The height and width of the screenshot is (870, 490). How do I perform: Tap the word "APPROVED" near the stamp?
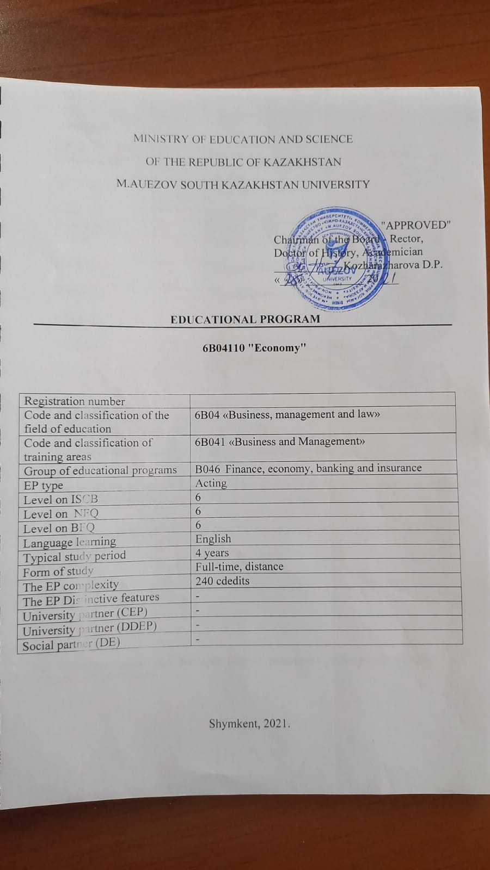pos(416,225)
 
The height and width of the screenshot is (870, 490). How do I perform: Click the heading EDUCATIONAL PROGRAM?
pos(245,319)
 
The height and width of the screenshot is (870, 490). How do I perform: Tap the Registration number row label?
pos(75,401)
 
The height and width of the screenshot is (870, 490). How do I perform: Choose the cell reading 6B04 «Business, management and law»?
pos(287,414)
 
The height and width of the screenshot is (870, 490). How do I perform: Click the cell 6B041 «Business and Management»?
pos(280,442)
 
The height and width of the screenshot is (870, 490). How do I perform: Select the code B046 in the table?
pos(207,468)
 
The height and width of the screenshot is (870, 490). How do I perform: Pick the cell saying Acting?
pos(211,483)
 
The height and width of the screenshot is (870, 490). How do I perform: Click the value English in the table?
pos(213,539)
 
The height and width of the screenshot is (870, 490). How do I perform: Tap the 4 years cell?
pos(212,553)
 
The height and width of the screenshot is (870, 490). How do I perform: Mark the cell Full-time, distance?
pos(240,567)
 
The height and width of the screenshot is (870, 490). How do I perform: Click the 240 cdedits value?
pos(222,581)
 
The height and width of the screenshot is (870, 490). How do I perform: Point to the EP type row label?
pos(44,486)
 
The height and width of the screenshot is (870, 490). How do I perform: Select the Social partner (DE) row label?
pos(71,644)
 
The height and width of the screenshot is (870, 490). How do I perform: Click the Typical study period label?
pos(74,557)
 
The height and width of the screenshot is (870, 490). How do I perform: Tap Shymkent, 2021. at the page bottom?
pos(249,724)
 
